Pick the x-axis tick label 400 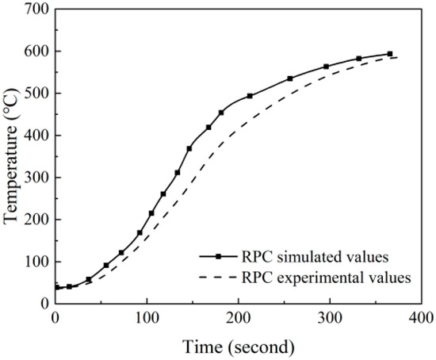coord(421,318)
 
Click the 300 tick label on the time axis coord(330,318)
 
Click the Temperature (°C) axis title coord(11,156)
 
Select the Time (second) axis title coord(239,346)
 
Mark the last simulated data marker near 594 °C coord(389,54)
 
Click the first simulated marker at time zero coord(55,288)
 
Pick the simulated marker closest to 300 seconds coord(326,67)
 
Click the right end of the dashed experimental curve coord(397,57)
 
